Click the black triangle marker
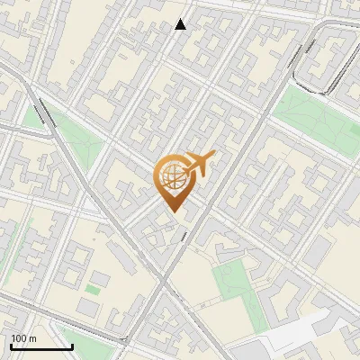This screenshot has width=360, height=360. point(180,24)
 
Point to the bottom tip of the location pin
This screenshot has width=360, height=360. point(171,211)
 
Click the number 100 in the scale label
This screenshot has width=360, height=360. point(19,338)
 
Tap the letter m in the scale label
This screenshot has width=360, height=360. point(33,338)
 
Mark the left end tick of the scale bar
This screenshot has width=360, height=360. point(10,346)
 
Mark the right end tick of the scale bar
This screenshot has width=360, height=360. point(72,346)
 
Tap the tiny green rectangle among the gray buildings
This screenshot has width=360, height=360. point(93,290)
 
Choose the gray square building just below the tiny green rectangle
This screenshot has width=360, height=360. point(86,308)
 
